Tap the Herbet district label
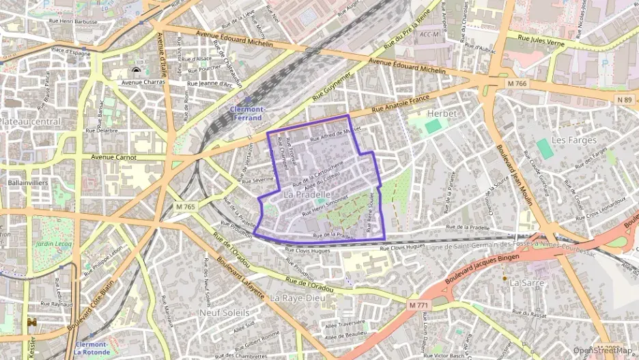[x=440, y=113]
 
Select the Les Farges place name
[x=573, y=139]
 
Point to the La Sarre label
[x=525, y=282]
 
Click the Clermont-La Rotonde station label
[x=91, y=348]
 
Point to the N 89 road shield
[x=624, y=100]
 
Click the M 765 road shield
[x=185, y=206]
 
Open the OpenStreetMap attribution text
[x=603, y=350]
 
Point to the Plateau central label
[x=29, y=121]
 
